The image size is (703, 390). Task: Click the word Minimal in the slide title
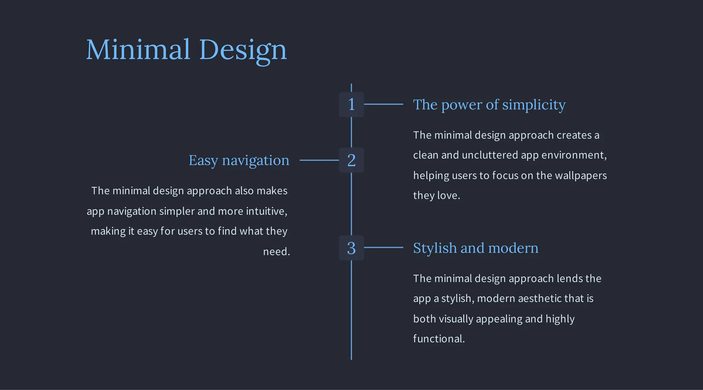tap(138, 50)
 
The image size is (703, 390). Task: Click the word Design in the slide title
tap(243, 50)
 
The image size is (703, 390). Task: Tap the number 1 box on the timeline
tap(351, 104)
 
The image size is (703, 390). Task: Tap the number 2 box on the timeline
tap(351, 160)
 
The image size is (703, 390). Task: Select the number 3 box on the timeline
tap(351, 248)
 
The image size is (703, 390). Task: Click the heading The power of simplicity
tap(489, 105)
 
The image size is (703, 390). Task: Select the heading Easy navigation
tap(239, 161)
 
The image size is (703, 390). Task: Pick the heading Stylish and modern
tap(475, 248)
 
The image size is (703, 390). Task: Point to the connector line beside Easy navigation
tap(319, 160)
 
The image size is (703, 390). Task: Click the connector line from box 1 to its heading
tap(383, 104)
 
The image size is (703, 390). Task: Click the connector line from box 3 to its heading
tap(383, 247)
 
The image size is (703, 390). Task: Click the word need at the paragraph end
tap(275, 252)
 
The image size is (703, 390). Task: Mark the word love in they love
tap(447, 196)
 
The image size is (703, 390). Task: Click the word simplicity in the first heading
tap(534, 105)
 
